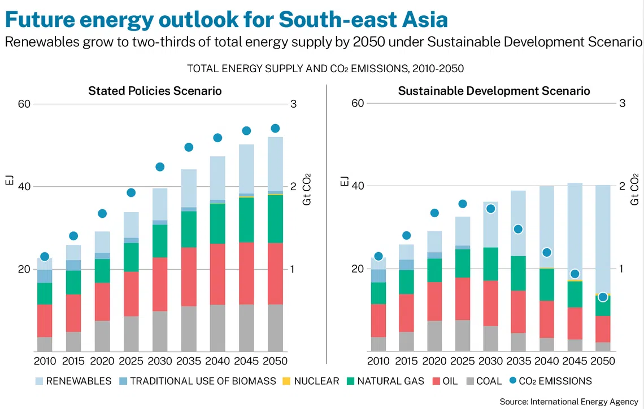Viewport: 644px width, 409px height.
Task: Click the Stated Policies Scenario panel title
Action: pyautogui.click(x=155, y=91)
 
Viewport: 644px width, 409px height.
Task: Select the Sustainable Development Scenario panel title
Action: pyautogui.click(x=494, y=91)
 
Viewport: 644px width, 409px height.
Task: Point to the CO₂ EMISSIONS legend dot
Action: pyautogui.click(x=512, y=381)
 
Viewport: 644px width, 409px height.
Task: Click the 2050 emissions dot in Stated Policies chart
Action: pyautogui.click(x=276, y=128)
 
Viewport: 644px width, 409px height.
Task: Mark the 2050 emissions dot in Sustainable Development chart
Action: pyautogui.click(x=603, y=297)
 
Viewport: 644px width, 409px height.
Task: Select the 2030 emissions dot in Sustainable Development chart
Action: pyautogui.click(x=490, y=209)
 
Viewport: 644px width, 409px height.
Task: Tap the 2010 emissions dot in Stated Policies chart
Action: pyautogui.click(x=45, y=257)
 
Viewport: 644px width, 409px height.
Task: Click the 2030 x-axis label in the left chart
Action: pyautogui.click(x=160, y=361)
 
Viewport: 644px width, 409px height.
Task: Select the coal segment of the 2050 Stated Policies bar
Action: pyautogui.click(x=276, y=328)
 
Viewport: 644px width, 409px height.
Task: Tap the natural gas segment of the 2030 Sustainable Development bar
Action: pyautogui.click(x=490, y=263)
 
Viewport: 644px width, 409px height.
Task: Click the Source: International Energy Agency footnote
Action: pyautogui.click(x=569, y=401)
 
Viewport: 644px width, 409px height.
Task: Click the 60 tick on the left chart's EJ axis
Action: pyautogui.click(x=24, y=104)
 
